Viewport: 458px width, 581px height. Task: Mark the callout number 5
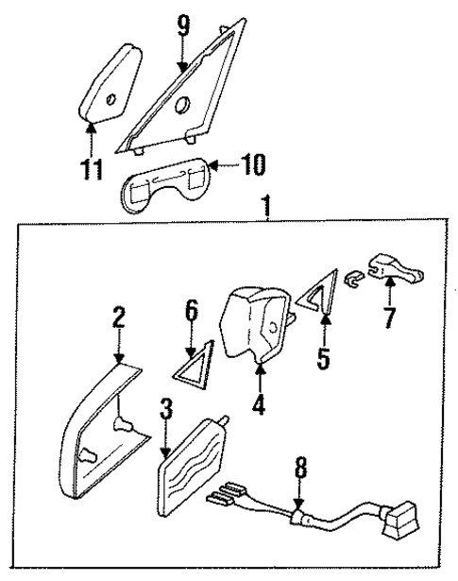323,360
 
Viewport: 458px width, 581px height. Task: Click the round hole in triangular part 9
185,104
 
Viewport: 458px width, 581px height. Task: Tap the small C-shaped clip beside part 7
353,279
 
